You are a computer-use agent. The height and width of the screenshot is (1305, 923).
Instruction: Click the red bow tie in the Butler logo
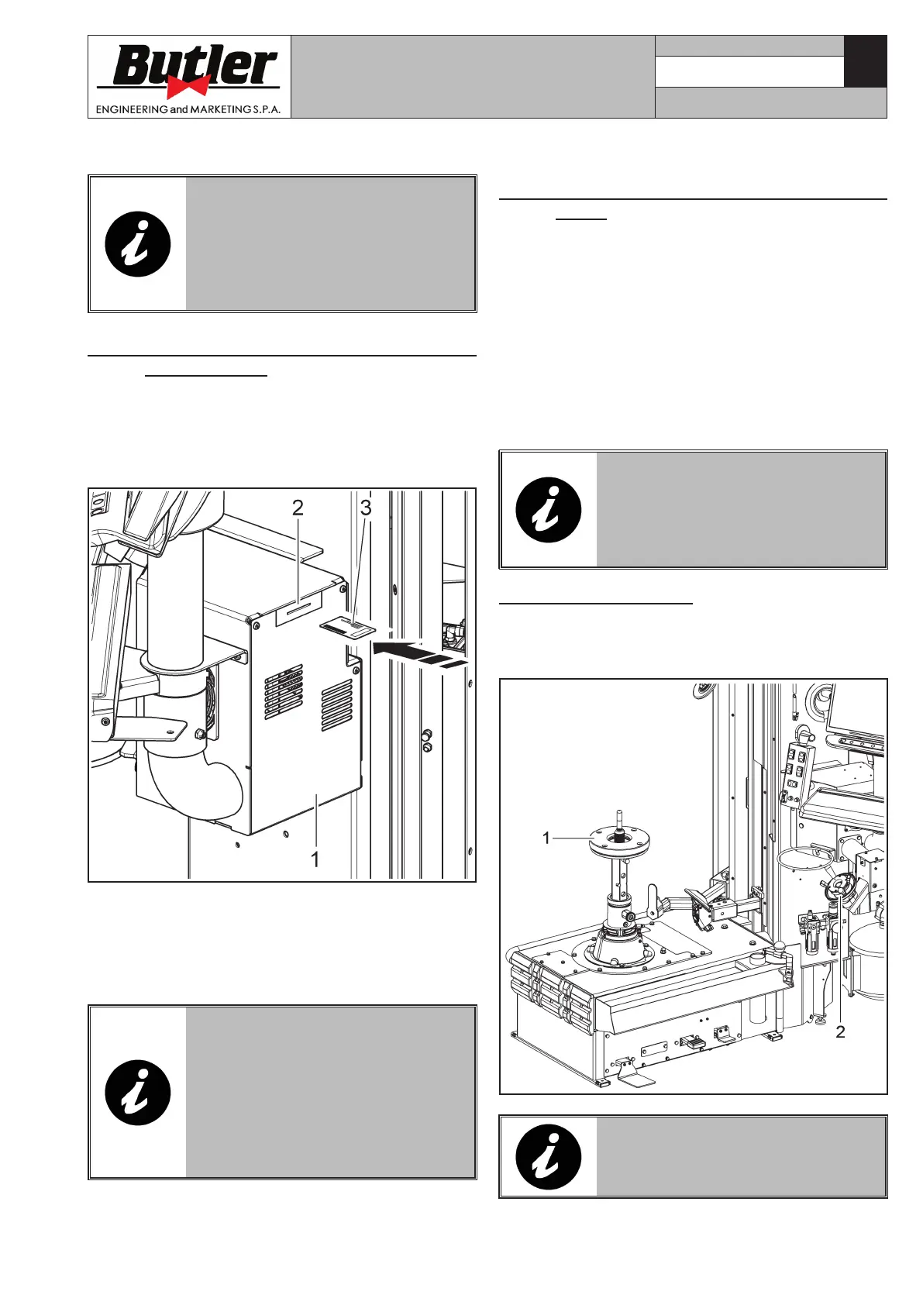(188, 86)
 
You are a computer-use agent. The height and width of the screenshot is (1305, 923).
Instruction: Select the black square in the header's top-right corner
(865, 61)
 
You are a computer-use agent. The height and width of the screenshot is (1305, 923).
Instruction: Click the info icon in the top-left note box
(137, 244)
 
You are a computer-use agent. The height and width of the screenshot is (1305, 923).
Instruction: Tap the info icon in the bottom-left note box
(137, 1093)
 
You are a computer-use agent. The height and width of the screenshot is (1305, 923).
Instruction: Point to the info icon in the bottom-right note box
(548, 1158)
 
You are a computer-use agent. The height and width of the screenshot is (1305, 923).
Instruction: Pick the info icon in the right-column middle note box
(548, 510)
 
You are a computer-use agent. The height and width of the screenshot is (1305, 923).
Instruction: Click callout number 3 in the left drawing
(366, 508)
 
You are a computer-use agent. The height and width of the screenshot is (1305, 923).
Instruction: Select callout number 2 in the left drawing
(298, 508)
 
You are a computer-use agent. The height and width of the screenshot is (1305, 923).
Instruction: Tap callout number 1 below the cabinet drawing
(315, 859)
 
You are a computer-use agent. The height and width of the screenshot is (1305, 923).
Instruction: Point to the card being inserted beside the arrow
(347, 627)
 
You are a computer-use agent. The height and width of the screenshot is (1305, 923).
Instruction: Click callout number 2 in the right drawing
(840, 1031)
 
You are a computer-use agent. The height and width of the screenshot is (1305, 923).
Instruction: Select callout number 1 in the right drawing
(546, 838)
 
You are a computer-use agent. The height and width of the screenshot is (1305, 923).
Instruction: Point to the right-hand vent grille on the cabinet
(336, 705)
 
